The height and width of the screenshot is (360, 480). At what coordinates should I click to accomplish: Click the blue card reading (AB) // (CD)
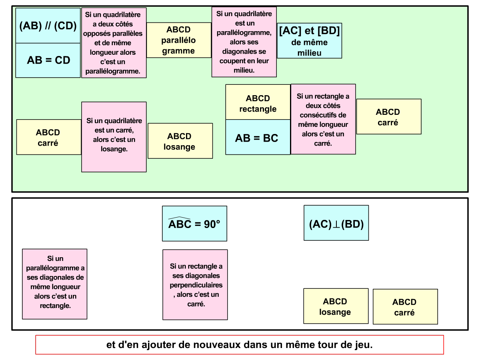point(48,26)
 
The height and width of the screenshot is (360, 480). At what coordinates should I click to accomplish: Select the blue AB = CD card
point(48,60)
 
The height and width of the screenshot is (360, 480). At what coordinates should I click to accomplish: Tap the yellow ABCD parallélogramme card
point(178,40)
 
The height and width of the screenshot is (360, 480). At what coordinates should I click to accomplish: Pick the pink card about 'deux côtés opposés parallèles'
point(114,43)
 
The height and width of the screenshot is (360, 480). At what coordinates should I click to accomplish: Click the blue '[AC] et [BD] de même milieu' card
point(309,41)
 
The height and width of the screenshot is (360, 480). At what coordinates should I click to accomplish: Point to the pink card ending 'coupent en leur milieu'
point(244,42)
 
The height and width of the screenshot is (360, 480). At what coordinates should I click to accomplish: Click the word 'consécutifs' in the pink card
point(323,115)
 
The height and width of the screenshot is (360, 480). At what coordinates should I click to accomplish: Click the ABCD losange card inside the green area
point(180,141)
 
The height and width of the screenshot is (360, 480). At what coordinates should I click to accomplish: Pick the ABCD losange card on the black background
point(336,306)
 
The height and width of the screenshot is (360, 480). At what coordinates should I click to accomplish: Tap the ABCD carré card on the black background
point(405,307)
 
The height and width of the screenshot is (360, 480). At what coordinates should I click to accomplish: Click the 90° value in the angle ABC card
point(212,224)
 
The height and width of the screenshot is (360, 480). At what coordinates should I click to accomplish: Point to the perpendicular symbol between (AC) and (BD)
point(336,224)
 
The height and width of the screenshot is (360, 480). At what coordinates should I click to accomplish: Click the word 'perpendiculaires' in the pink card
point(196,285)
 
